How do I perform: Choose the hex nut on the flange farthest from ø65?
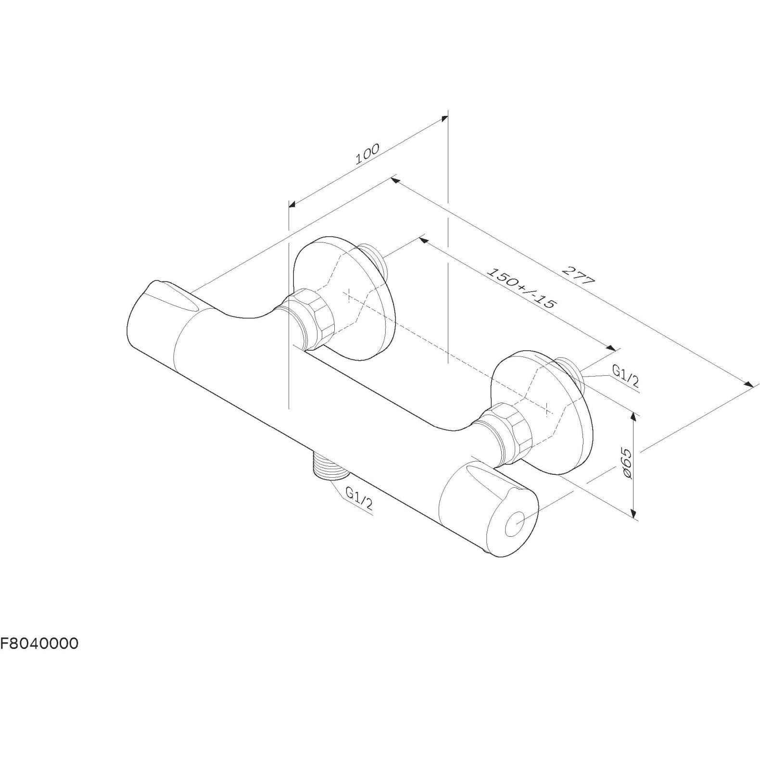pyautogui.click(x=307, y=318)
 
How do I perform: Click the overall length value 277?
pyautogui.click(x=579, y=275)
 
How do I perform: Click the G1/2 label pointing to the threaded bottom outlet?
pyautogui.click(x=359, y=498)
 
